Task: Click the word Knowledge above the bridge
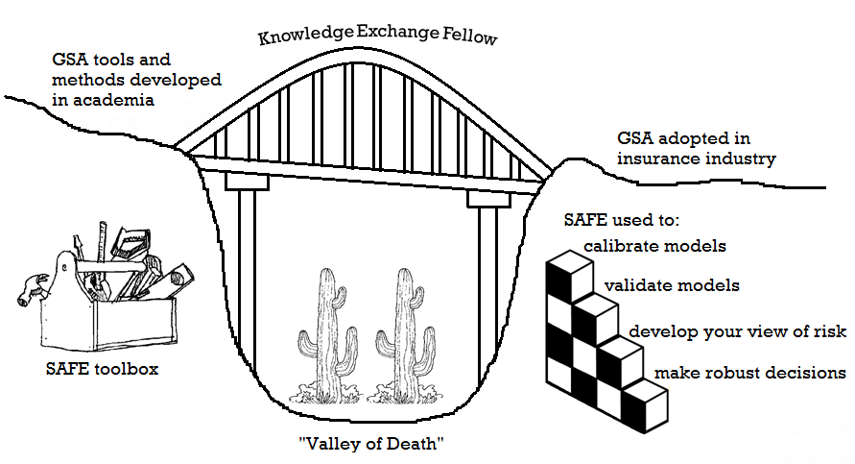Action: [304, 37]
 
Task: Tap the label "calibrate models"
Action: [655, 246]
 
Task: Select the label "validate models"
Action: [672, 285]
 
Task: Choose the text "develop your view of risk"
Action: [737, 331]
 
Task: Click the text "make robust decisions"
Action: [749, 372]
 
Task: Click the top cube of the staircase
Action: [564, 271]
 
